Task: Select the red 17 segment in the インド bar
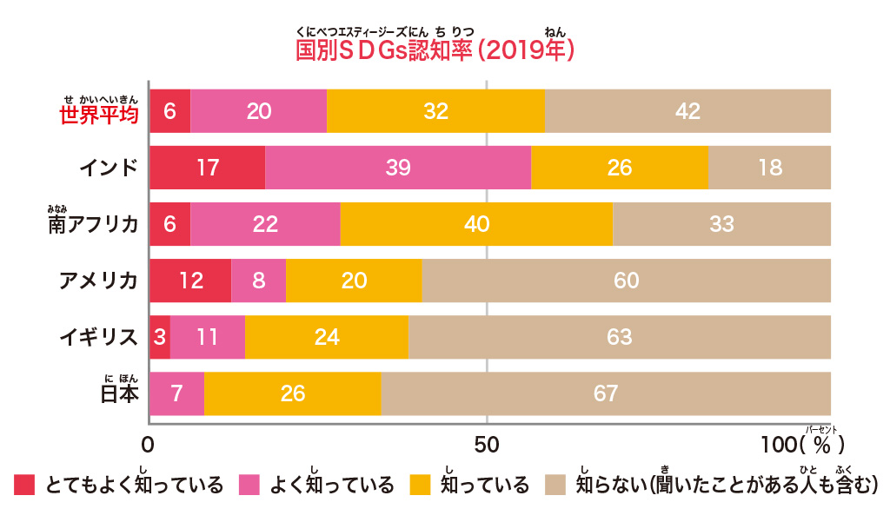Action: point(207,168)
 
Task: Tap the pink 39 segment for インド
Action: point(398,168)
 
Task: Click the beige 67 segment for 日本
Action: point(606,393)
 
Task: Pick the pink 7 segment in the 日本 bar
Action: point(177,393)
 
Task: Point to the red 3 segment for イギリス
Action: point(160,337)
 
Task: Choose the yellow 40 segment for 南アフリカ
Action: point(476,224)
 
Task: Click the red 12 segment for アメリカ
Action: point(190,281)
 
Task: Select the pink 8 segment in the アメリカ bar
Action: point(258,281)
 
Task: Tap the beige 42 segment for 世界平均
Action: point(687,111)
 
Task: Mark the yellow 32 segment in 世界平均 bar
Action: point(435,111)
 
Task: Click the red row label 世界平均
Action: point(99,115)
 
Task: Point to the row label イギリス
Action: point(98,337)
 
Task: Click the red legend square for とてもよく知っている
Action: point(24,484)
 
